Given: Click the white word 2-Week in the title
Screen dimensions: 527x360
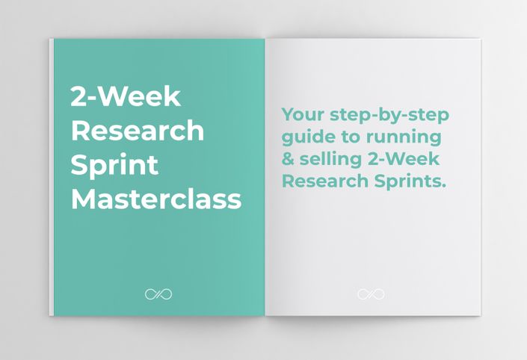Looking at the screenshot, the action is [126, 96].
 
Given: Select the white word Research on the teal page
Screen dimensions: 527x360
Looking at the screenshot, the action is [138, 131].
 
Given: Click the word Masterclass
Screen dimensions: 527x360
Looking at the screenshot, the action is [156, 199].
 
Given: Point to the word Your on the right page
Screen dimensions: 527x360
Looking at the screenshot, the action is [303, 114].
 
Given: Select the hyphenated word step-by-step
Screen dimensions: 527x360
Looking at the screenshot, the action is [389, 116].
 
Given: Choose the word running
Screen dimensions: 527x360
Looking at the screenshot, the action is [404, 137].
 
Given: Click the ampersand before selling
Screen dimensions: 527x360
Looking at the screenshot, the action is [288, 159].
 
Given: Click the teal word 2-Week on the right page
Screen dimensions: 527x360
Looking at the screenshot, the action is [404, 159].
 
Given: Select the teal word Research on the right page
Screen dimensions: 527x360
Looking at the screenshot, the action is [325, 181].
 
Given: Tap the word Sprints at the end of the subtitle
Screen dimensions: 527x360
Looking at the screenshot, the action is [410, 181].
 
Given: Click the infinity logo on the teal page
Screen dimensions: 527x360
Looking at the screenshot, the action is [158, 294].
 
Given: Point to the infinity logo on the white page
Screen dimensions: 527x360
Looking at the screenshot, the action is [371, 294].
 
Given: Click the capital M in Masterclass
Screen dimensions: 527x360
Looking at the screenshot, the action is [83, 199].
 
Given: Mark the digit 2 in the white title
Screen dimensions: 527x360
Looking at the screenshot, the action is [77, 96].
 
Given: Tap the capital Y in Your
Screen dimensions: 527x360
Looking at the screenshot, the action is [289, 114].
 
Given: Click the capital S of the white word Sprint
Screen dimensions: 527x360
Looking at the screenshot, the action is [78, 165].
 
